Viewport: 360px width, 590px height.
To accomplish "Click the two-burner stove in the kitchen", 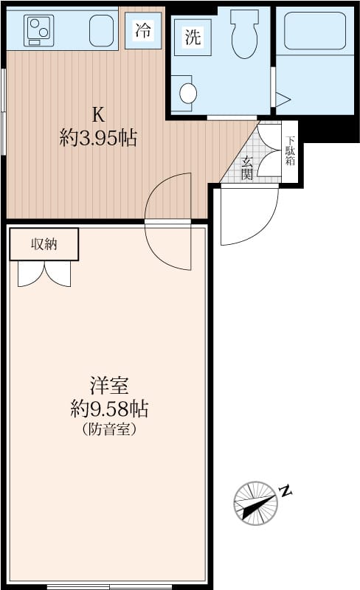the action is click(x=38, y=30).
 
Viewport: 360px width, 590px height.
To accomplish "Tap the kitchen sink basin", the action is click(x=101, y=30).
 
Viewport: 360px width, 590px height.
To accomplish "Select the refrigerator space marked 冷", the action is click(x=143, y=30).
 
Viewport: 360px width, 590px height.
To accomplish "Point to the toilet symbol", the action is click(x=244, y=34).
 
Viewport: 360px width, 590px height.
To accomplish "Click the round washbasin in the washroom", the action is click(x=188, y=93).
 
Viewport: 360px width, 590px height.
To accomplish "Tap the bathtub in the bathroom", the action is click(x=315, y=30).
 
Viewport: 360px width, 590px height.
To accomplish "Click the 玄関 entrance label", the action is click(x=247, y=168).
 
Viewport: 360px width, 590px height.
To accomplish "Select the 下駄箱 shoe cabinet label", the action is click(x=290, y=150).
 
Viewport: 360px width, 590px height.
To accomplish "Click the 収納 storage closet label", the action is click(x=44, y=245).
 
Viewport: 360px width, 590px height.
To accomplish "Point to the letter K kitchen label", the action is click(x=98, y=114).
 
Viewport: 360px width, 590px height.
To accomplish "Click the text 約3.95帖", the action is click(x=98, y=138).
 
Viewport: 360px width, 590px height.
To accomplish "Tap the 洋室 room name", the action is click(x=109, y=385).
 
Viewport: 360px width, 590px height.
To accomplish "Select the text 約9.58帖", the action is click(x=109, y=409).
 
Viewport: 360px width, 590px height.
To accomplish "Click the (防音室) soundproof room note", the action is click(x=109, y=429).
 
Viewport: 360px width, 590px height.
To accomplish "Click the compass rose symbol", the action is click(x=256, y=503).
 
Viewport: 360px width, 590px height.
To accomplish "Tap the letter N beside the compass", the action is click(x=286, y=491).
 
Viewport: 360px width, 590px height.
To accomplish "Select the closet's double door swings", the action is click(x=44, y=274).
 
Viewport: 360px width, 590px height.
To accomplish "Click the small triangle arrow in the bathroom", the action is click(x=283, y=100).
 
